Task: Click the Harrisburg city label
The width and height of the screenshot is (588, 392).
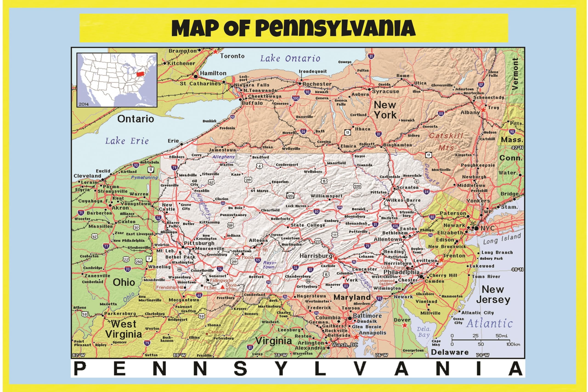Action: tap(316, 256)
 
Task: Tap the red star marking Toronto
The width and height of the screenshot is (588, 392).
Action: tap(215, 52)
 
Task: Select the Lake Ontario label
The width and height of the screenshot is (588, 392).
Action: tap(290, 59)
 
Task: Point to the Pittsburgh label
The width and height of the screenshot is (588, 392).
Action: tap(199, 243)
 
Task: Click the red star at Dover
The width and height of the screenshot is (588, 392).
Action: tap(404, 325)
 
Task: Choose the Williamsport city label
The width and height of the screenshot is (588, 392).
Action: tap(326, 196)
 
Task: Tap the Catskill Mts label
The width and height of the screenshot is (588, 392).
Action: tap(446, 141)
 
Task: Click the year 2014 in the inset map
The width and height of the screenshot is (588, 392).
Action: tap(84, 104)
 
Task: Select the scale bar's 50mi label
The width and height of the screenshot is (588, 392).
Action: tap(501, 336)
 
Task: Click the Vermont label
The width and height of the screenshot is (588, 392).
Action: tap(515, 74)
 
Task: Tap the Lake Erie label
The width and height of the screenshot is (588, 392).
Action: tap(127, 141)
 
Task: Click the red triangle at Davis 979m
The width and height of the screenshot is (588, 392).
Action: tap(222, 287)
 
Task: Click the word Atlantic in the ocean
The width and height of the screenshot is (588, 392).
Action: tap(489, 324)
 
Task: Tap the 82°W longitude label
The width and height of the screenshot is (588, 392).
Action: tap(79, 355)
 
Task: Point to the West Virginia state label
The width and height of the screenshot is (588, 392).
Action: tap(124, 329)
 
